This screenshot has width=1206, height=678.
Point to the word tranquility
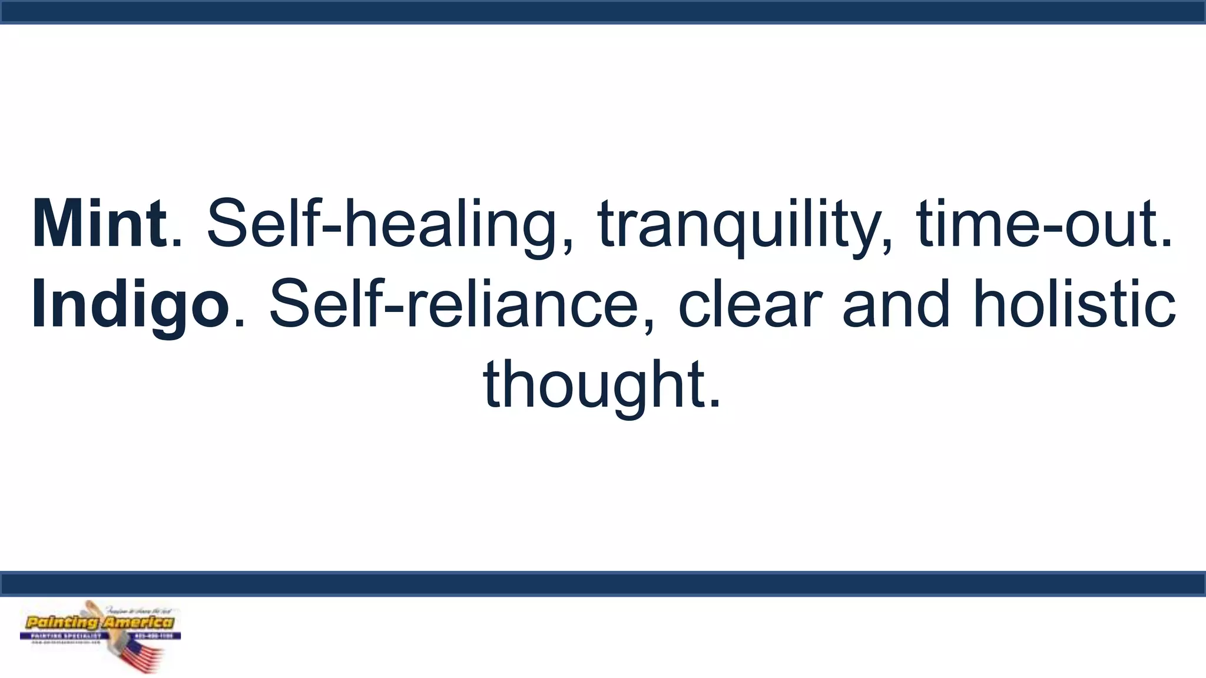pyautogui.click(x=739, y=225)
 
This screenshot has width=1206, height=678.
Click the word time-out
pyautogui.click(x=1039, y=225)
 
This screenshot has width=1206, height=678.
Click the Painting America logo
pyautogui.click(x=100, y=636)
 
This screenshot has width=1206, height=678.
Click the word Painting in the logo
pyautogui.click(x=62, y=623)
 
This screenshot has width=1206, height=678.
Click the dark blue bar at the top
pyautogui.click(x=603, y=12)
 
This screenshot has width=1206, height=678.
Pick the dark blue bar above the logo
pyautogui.click(x=603, y=583)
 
